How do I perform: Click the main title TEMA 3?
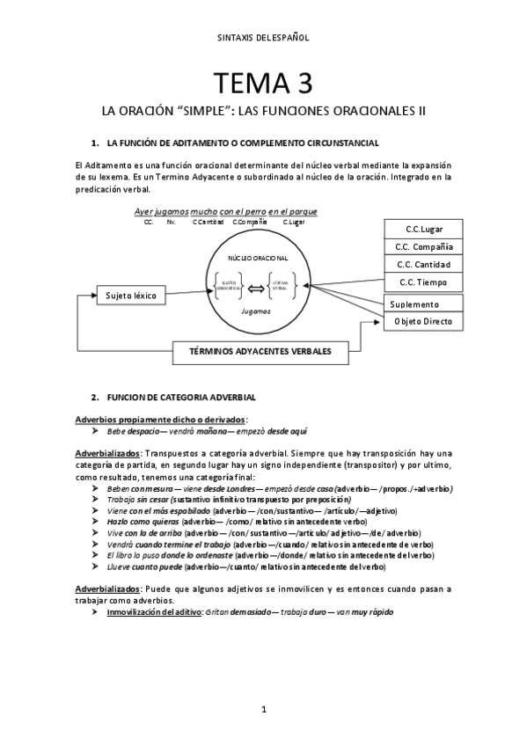point(263,84)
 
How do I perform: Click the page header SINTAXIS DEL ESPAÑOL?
point(263,38)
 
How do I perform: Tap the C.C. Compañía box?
point(423,246)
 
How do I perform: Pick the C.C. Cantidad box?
point(423,264)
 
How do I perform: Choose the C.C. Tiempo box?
point(423,282)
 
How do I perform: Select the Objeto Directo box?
point(423,322)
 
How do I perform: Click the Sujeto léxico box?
point(131,296)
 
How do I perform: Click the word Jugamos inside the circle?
point(256,312)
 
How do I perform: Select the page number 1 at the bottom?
point(263,708)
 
